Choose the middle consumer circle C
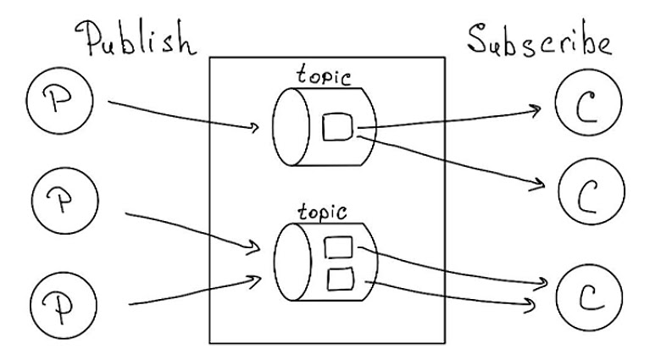[591, 191]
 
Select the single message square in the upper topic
[338, 128]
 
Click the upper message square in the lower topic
[339, 248]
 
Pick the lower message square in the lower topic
[339, 278]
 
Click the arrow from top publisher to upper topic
[182, 116]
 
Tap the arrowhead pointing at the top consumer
[536, 109]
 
